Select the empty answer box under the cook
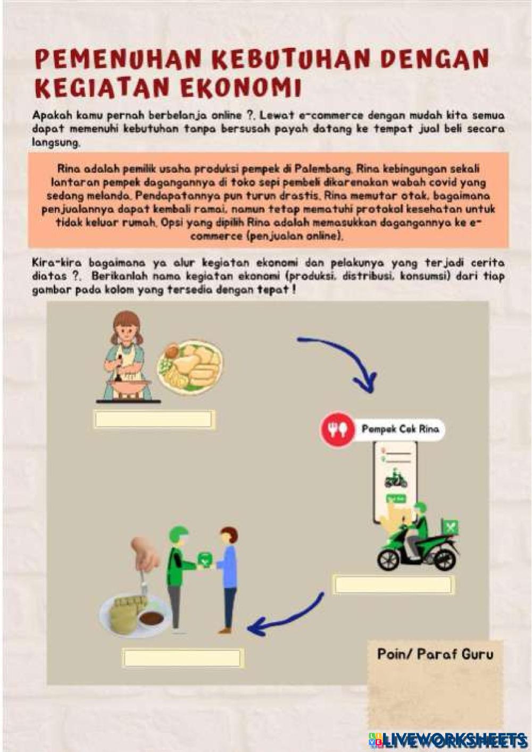[x=154, y=419]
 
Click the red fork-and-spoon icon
[x=337, y=429]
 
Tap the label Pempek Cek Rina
[x=400, y=429]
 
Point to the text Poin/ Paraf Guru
[x=435, y=654]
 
